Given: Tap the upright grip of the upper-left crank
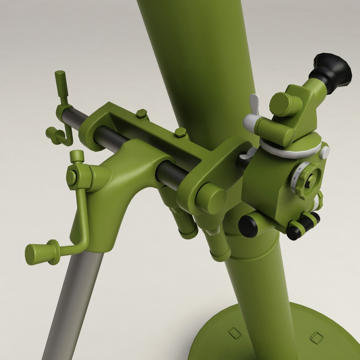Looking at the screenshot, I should coord(61,83).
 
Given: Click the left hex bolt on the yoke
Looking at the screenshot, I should coord(141,114).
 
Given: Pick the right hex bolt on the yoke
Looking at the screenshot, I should coord(180,132).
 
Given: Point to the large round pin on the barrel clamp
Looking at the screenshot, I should coord(211,198).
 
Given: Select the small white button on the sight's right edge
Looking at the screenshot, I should coord(324,153).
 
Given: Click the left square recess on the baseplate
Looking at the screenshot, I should coord(235,333).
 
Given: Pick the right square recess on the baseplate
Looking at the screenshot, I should coord(316,337).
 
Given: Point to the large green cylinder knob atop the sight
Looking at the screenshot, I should coord(285,104).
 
